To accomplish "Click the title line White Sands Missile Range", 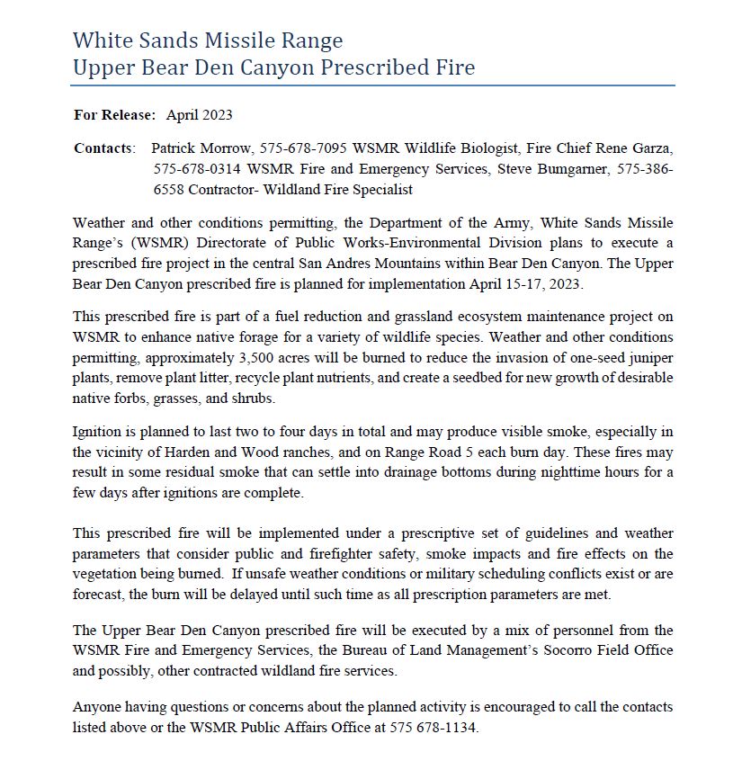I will click(208, 40).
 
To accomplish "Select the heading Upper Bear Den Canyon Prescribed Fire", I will click(273, 67).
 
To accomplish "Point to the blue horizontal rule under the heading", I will click(372, 85).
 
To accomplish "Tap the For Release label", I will click(115, 115).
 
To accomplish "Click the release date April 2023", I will click(200, 115).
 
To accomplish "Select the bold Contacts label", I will click(104, 148).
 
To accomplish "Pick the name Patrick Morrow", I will click(194, 148).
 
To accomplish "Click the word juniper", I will click(648, 358).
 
